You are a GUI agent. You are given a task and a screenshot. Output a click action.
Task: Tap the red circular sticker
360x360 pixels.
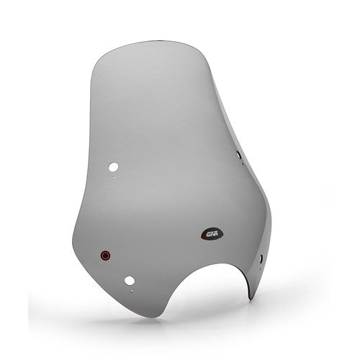105,254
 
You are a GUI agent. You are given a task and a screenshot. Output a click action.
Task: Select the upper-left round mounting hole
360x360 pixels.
112,167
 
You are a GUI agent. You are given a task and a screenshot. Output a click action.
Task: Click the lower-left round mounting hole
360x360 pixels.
130,280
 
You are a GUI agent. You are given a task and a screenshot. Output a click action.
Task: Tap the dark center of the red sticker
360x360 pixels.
105,254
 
